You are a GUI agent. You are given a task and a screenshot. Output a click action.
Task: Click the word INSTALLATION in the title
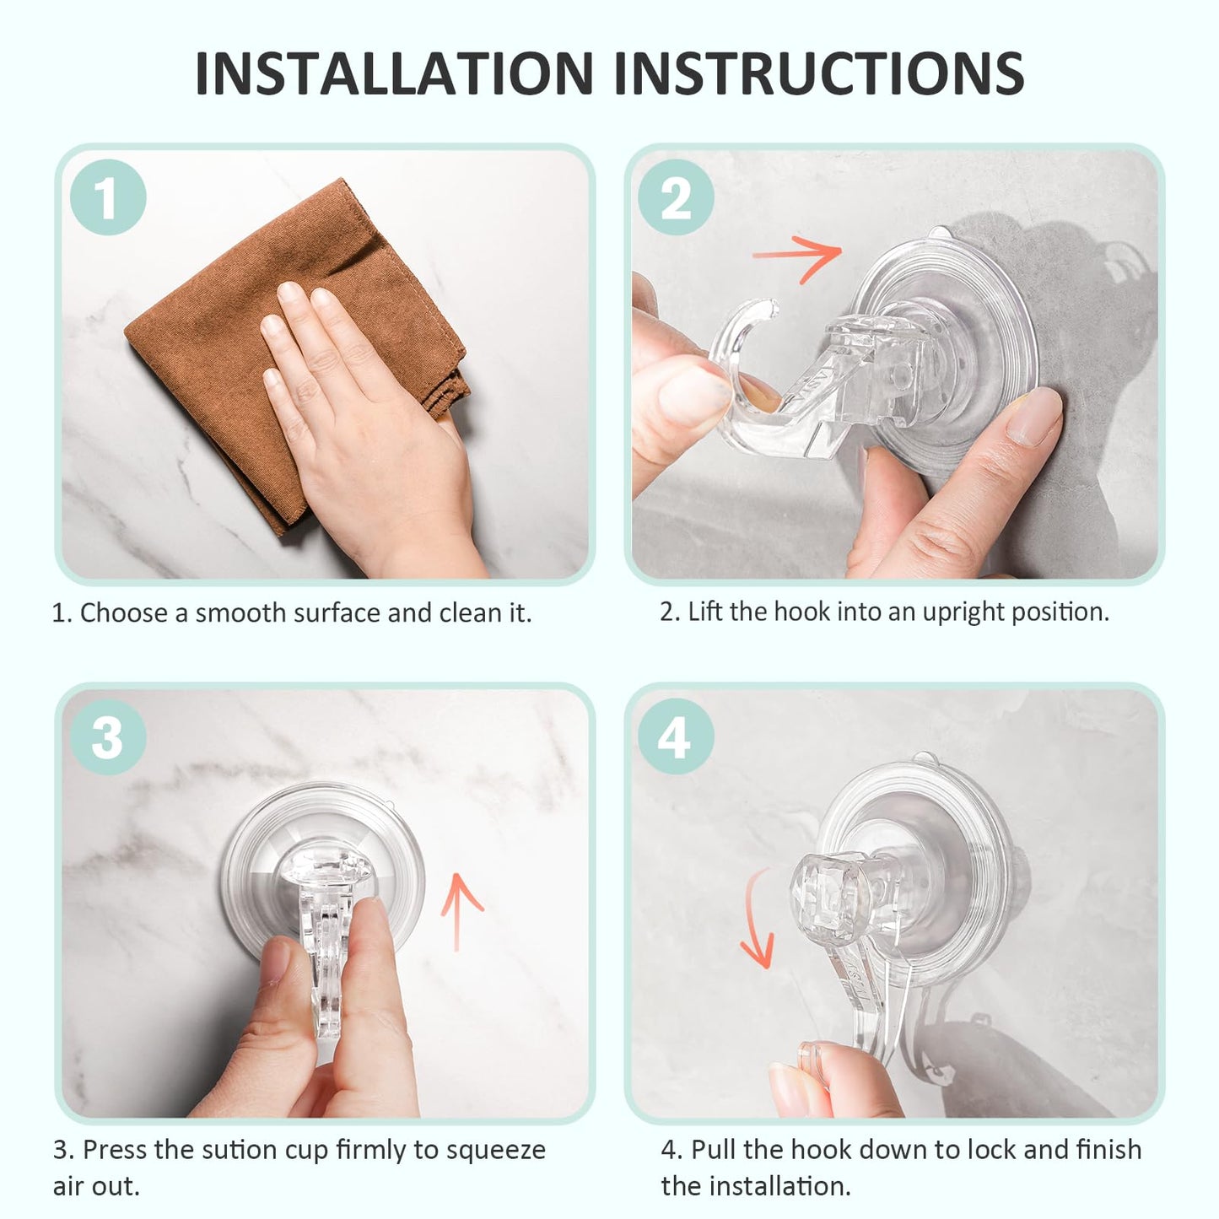[394, 73]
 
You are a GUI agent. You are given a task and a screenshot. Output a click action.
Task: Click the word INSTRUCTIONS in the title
[818, 73]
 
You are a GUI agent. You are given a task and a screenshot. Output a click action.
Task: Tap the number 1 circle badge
[108, 197]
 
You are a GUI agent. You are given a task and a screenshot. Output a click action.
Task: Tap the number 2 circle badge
[676, 197]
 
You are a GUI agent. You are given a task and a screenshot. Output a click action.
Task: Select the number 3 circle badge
[108, 736]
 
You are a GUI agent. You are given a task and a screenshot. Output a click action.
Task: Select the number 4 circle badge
[676, 736]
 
